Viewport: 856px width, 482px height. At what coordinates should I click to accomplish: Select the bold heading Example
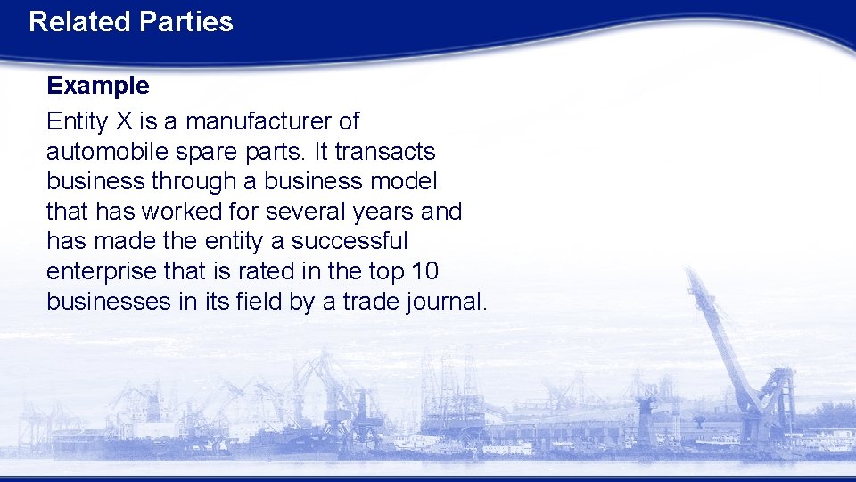(98, 86)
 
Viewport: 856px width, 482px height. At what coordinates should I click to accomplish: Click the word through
(193, 181)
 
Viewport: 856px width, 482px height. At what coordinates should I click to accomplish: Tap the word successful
(350, 242)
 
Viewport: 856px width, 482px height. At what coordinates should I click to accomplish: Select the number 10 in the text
(424, 271)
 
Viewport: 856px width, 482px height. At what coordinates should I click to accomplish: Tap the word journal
(446, 302)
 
